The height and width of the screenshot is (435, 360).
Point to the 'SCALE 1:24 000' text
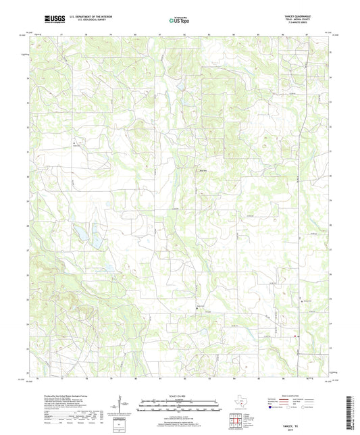(180, 394)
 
